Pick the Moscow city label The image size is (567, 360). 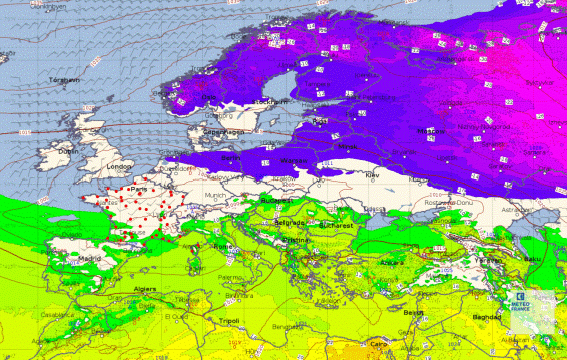(431, 131)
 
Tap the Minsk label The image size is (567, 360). (348, 147)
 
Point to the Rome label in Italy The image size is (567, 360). (221, 247)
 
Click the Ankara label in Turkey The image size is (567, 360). (392, 263)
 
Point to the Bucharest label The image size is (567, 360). (336, 225)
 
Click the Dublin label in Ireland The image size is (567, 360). (67, 151)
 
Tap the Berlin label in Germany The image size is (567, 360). (230, 157)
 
